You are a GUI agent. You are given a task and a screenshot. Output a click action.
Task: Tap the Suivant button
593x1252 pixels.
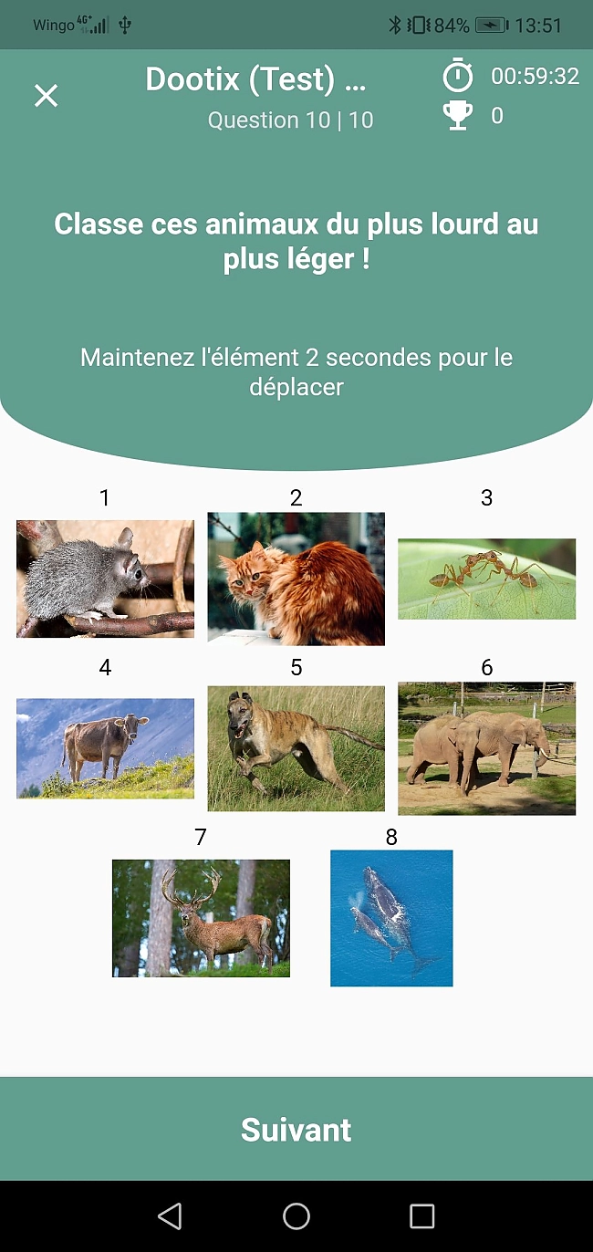[x=296, y=1129]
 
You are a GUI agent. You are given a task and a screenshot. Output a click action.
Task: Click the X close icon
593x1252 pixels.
[x=46, y=95]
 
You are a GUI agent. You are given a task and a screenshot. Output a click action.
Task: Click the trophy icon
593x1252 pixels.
[x=458, y=116]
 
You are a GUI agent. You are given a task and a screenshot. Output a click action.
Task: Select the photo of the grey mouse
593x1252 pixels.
[x=105, y=579]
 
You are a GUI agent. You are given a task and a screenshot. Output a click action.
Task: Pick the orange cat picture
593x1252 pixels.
[x=296, y=579]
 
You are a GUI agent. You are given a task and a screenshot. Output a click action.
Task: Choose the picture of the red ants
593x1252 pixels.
[x=487, y=579]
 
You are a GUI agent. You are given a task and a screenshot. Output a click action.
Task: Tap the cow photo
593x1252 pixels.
[x=105, y=748]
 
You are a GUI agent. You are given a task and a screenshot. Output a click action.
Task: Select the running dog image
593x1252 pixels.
[x=296, y=748]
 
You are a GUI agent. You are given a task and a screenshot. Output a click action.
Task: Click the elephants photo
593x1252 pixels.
[x=487, y=748]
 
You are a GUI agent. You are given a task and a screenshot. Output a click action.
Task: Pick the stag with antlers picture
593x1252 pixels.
[x=202, y=918]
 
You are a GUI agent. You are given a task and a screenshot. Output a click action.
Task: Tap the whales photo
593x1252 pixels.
[x=391, y=918]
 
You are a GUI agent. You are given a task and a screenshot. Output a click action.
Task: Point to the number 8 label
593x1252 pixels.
[x=391, y=837]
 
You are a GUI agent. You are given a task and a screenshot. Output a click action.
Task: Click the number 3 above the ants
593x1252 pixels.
[x=487, y=497]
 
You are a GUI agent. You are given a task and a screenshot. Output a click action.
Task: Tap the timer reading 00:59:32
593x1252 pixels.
[x=535, y=76]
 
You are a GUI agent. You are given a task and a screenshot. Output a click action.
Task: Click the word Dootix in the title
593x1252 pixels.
[x=192, y=79]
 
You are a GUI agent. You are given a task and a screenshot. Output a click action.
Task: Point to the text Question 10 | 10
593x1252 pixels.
[x=291, y=120]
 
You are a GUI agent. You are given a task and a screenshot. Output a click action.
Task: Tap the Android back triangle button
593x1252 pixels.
[x=170, y=1216]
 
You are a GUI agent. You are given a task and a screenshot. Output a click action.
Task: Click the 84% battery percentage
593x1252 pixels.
[x=452, y=26]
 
